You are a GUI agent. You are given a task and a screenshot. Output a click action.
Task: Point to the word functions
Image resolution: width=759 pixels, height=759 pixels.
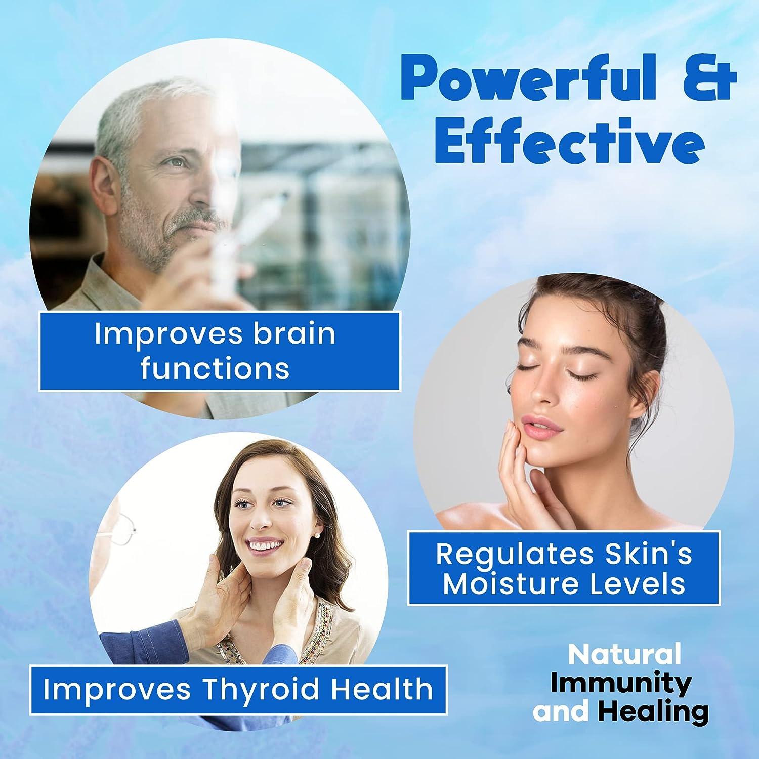[x=215, y=368]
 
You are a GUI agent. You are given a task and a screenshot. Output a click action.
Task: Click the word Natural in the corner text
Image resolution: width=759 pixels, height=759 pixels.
[x=624, y=654]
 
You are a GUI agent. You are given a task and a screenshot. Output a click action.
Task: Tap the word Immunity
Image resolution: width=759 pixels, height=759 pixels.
[x=620, y=683]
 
